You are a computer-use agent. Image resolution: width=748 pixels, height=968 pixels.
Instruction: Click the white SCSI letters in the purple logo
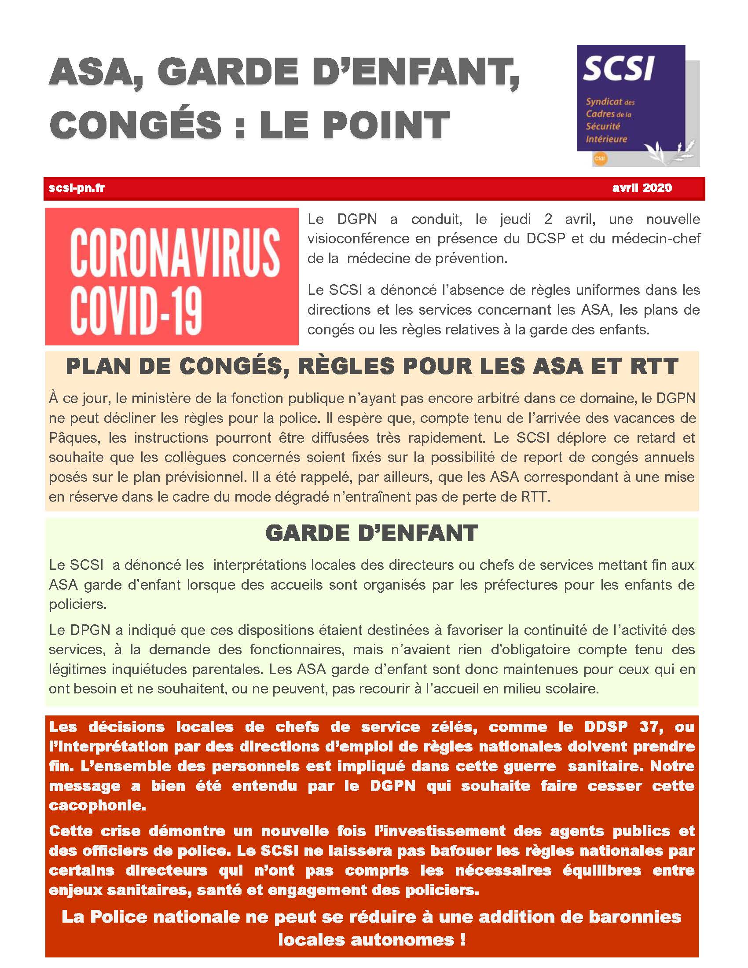point(619,69)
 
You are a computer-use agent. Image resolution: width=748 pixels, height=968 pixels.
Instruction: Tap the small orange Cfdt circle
point(600,158)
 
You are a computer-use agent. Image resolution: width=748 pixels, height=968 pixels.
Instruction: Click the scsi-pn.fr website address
point(77,188)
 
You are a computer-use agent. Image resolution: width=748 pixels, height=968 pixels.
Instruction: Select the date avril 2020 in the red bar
point(642,188)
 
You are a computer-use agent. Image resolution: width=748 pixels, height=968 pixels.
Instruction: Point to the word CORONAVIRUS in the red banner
point(175,253)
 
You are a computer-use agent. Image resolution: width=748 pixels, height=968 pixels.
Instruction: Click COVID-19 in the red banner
point(136,310)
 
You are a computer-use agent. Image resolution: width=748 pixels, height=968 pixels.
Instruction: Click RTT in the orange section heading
point(653,366)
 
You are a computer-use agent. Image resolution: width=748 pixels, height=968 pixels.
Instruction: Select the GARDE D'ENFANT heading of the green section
point(371,533)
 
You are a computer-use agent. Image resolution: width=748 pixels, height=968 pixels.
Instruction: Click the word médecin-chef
point(656,238)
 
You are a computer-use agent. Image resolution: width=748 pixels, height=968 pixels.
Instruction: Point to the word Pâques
point(73,437)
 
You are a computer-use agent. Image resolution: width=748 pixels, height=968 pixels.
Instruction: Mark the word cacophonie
point(98,805)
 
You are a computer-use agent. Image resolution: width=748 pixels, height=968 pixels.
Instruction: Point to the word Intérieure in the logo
point(606,139)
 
